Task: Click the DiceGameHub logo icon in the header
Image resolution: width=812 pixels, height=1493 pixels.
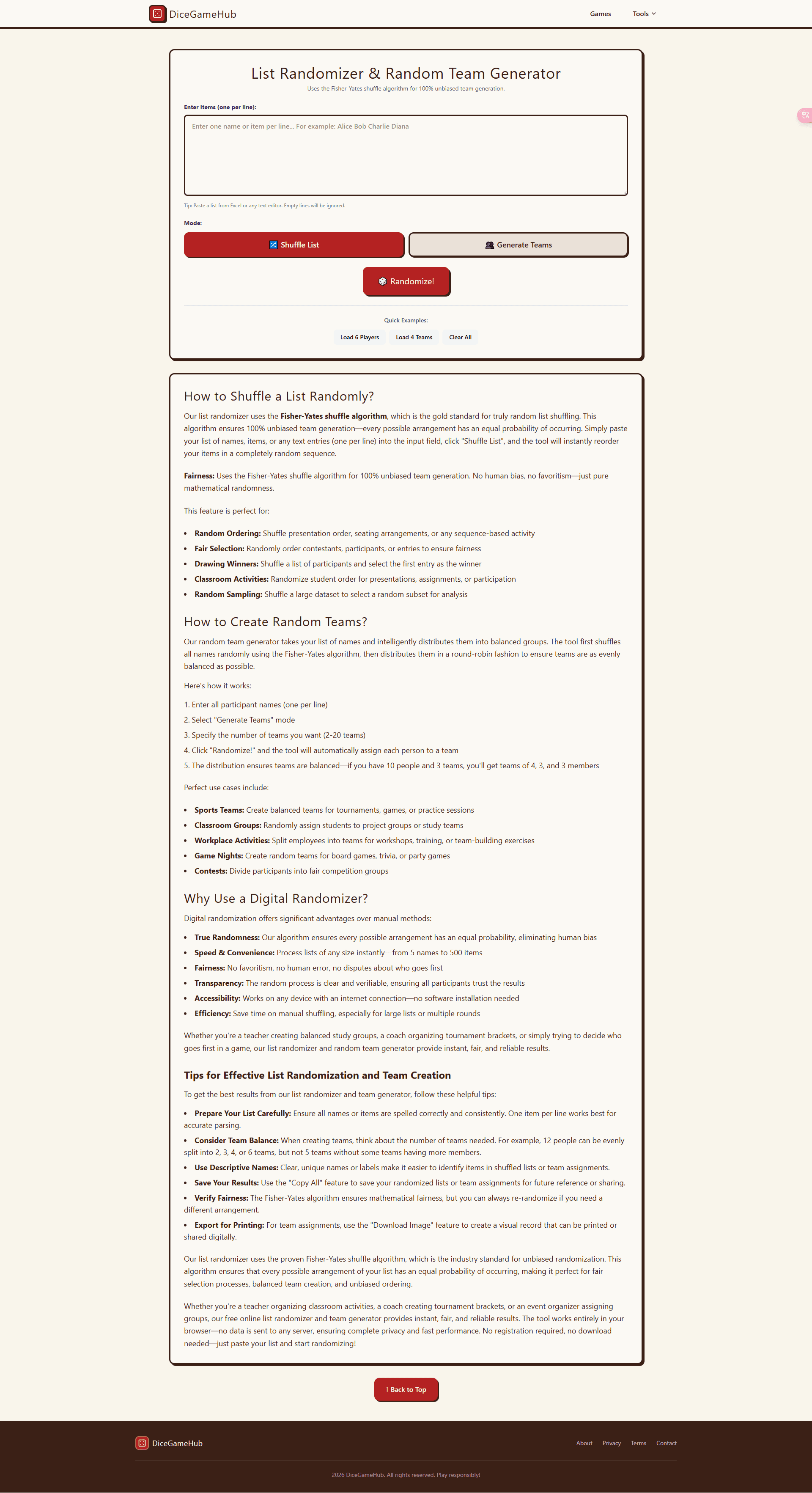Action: click(x=157, y=14)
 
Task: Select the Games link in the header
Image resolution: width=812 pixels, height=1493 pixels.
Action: click(x=600, y=14)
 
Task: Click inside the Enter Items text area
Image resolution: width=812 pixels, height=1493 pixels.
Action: click(x=406, y=155)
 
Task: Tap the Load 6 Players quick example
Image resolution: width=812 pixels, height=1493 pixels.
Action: click(x=359, y=337)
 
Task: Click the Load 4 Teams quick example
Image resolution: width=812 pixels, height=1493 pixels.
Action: click(x=414, y=337)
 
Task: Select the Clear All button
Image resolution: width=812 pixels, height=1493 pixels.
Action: click(x=460, y=337)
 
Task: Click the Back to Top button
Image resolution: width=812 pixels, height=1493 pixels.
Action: click(x=406, y=1389)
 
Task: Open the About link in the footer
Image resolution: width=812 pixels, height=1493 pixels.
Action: click(x=584, y=1443)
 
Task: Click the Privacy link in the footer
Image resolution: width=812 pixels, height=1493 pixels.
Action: click(x=611, y=1443)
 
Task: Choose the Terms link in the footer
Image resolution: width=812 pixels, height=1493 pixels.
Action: click(x=638, y=1443)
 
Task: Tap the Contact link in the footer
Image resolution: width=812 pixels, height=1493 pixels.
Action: click(x=666, y=1443)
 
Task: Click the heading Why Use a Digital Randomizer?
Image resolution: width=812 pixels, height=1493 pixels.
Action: click(x=276, y=898)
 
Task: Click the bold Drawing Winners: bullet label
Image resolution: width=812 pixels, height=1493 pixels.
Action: click(x=226, y=564)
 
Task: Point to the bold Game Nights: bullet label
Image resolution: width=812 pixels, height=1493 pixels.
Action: click(x=218, y=856)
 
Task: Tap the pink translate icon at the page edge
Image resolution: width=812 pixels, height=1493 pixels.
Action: click(x=805, y=115)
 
